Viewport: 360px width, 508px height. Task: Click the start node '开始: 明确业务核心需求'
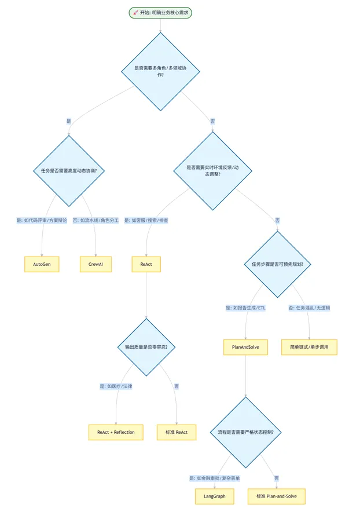pos(160,13)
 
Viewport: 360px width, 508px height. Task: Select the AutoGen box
pos(42,264)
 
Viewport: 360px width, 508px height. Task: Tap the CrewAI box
pos(95,264)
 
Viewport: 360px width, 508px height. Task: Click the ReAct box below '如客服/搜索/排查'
pos(146,264)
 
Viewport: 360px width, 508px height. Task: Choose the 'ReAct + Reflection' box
pos(116,432)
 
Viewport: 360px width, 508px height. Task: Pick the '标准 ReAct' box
pos(177,432)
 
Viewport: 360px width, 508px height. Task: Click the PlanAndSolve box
pos(245,347)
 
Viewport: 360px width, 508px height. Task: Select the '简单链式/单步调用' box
pos(309,347)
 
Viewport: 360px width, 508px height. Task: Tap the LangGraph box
pos(215,496)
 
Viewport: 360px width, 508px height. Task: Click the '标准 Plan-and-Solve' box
pos(277,496)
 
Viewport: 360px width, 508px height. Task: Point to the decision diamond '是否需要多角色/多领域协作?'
pos(160,72)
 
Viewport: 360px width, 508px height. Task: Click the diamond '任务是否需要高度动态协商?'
pos(69,171)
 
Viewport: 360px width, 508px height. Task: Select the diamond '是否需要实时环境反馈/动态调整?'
pos(212,171)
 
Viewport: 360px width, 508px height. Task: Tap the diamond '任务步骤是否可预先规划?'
pos(277,264)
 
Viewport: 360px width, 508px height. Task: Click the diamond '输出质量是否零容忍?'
pos(146,347)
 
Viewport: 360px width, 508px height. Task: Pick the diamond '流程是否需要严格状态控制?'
pos(245,432)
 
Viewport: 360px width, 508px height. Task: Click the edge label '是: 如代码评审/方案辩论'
pos(42,220)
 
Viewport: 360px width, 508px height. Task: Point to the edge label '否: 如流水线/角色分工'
pos(95,220)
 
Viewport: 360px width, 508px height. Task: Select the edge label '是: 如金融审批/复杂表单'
pos(215,478)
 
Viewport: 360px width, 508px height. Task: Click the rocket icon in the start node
pos(135,13)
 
